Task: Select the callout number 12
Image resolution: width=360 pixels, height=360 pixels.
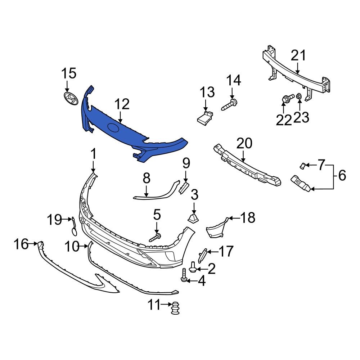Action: [122, 104]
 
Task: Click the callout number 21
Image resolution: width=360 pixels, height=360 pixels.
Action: [298, 56]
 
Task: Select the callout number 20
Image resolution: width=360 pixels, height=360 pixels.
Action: [245, 144]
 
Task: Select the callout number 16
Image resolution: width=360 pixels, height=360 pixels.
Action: [21, 244]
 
